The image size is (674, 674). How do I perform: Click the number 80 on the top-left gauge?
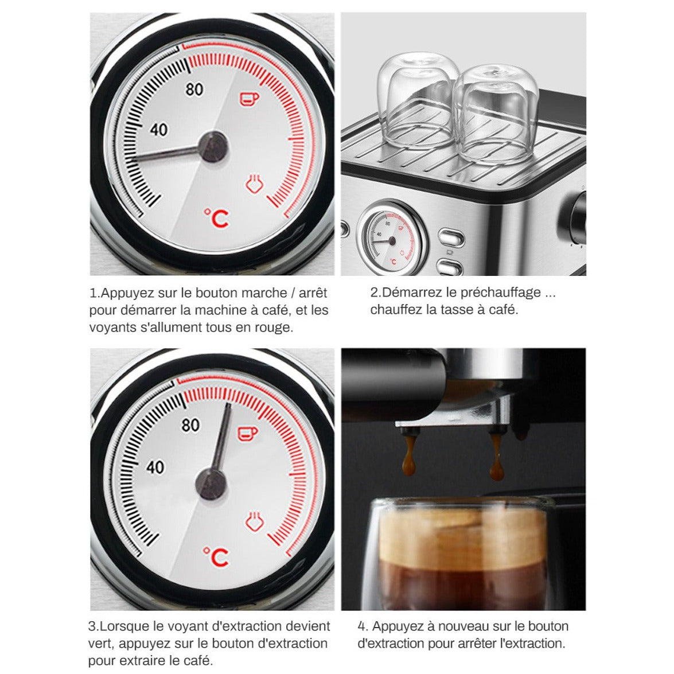pyautogui.click(x=194, y=89)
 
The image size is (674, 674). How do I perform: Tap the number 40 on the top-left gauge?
pyautogui.click(x=159, y=130)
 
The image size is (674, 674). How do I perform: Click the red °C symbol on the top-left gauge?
pyautogui.click(x=217, y=219)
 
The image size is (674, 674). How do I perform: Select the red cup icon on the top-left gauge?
pyautogui.click(x=249, y=99)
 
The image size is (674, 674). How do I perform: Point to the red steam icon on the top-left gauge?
pyautogui.click(x=254, y=184)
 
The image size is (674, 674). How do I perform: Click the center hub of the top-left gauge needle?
pyautogui.click(x=213, y=147)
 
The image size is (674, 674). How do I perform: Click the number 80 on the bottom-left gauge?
pyautogui.click(x=190, y=425)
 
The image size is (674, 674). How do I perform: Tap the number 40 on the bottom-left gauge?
pyautogui.click(x=155, y=467)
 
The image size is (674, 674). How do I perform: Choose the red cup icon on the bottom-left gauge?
pyautogui.click(x=248, y=434)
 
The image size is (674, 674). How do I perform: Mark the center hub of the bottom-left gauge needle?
pyautogui.click(x=211, y=485)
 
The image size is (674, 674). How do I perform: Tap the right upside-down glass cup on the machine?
pyautogui.click(x=496, y=114)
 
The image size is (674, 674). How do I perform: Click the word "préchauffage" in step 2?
pyautogui.click(x=501, y=293)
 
